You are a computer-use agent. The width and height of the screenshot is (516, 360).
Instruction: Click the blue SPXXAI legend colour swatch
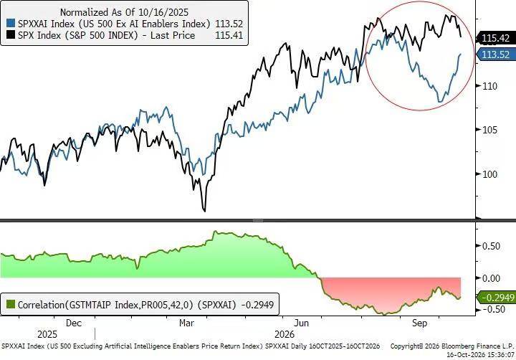[x=11, y=24]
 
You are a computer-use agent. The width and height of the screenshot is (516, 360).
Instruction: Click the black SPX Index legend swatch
[x=11, y=34]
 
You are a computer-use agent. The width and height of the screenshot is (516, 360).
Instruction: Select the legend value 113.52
[x=229, y=24]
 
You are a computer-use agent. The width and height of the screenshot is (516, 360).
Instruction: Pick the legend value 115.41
[x=229, y=35]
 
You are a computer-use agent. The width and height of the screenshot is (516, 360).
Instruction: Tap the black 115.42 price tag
[x=496, y=38]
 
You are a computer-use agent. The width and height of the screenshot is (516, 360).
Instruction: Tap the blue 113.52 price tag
[x=496, y=55]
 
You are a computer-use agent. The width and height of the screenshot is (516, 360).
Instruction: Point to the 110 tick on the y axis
[x=489, y=86]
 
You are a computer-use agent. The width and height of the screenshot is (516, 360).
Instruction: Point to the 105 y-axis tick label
[x=489, y=130]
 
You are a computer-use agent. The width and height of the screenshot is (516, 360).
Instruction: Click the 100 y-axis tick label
[x=489, y=174]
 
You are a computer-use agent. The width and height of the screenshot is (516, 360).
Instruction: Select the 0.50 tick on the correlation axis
[x=491, y=246]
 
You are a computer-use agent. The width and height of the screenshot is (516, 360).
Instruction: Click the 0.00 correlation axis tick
[x=491, y=278]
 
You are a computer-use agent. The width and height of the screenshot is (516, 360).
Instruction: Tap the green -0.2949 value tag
[x=497, y=298]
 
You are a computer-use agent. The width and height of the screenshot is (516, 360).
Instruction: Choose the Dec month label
[x=74, y=323]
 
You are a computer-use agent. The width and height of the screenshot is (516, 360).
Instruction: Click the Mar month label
[x=186, y=323]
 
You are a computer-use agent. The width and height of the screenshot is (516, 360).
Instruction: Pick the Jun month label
[x=302, y=323]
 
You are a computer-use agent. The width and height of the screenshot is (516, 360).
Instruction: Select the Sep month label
[x=419, y=323]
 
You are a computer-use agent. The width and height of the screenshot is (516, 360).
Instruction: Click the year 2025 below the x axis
[x=47, y=335]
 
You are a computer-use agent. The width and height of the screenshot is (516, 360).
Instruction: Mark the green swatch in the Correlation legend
[x=11, y=304]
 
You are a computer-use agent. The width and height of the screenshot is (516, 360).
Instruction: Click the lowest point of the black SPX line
[x=205, y=211]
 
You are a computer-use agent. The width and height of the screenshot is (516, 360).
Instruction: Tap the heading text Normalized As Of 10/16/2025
[x=124, y=12]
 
